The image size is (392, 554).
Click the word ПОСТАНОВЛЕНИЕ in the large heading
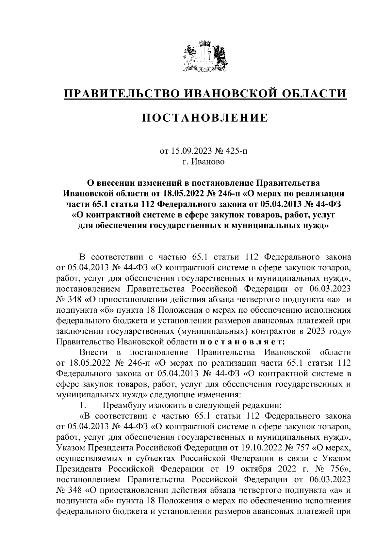coord(204,118)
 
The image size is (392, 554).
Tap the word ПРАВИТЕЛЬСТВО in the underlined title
coord(122,94)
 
